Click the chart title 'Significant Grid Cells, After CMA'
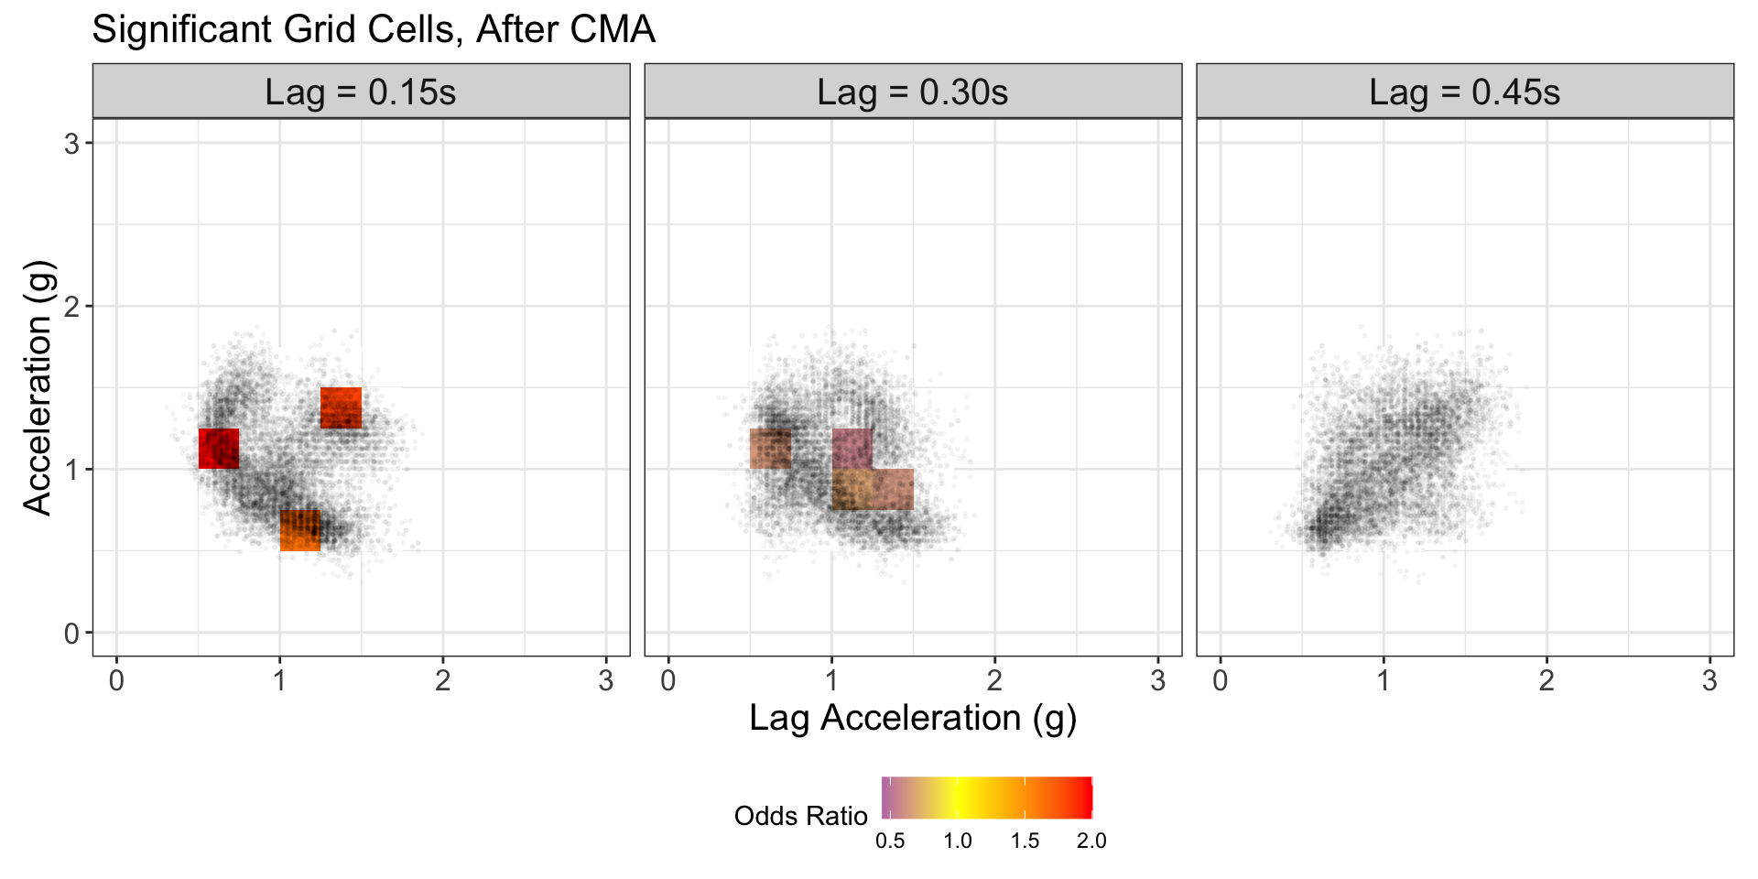click(x=374, y=29)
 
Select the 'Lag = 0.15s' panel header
click(x=361, y=92)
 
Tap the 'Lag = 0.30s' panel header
click(x=913, y=92)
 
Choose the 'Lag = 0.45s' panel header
click(x=1465, y=92)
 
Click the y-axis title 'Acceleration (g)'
click(x=38, y=387)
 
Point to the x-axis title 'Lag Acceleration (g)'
click(x=913, y=718)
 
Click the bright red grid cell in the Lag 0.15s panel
click(x=219, y=449)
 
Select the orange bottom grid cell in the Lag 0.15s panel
click(x=300, y=530)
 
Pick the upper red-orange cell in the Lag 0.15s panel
click(x=341, y=407)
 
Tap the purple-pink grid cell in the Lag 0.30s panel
click(x=852, y=449)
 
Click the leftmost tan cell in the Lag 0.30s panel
click(x=770, y=449)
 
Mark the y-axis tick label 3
click(x=72, y=144)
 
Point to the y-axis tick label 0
click(x=72, y=633)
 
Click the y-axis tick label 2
click(x=72, y=307)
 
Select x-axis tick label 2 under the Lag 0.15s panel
click(x=443, y=681)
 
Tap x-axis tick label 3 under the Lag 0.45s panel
click(x=1709, y=681)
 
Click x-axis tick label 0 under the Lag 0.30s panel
click(x=668, y=681)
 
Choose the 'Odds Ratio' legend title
click(x=800, y=816)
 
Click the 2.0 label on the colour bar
click(x=1091, y=841)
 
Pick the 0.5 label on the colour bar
click(x=890, y=841)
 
